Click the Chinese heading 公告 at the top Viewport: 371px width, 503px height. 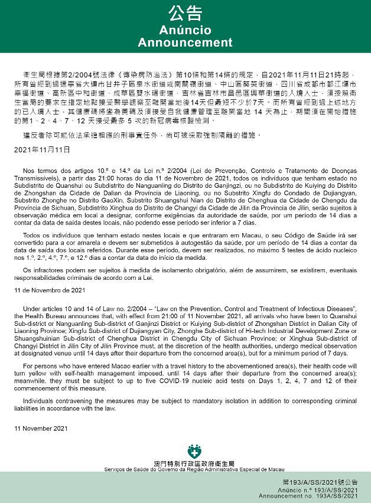click(185, 13)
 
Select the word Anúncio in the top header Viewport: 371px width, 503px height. click(185, 30)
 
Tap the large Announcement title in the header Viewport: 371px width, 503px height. click(185, 43)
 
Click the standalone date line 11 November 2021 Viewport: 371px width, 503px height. click(41, 429)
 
